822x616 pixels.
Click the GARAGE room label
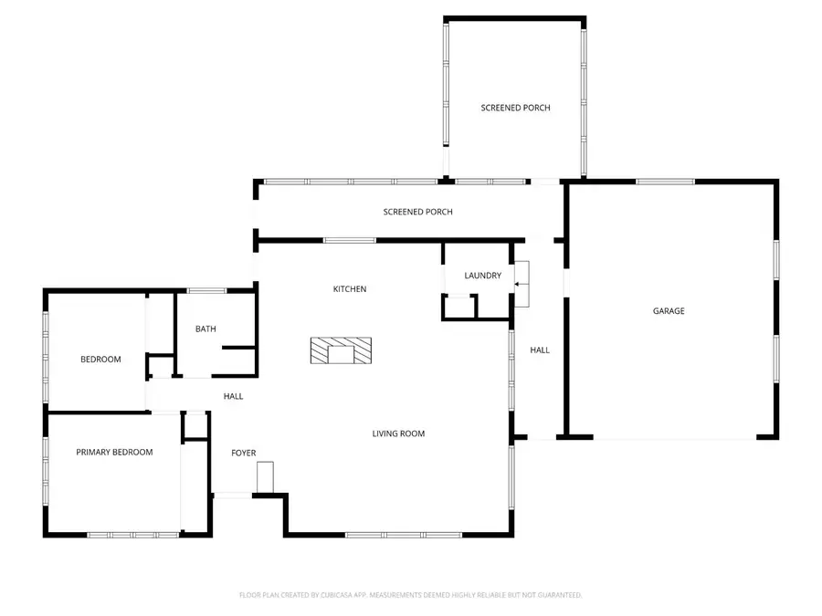tap(669, 311)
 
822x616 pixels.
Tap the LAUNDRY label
tap(482, 276)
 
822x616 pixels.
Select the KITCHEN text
tap(349, 289)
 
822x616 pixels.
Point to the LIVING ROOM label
tap(398, 433)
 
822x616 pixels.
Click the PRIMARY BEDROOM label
tap(114, 452)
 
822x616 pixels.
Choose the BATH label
tap(205, 329)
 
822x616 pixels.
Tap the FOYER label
tap(243, 453)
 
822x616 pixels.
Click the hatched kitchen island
tap(341, 350)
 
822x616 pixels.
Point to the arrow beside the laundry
tap(521, 285)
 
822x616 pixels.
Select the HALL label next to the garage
tap(540, 350)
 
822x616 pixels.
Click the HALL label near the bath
tap(234, 396)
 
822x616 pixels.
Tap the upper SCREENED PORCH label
tap(515, 108)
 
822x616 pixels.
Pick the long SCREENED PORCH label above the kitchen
tap(417, 212)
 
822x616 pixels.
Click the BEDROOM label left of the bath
tap(100, 359)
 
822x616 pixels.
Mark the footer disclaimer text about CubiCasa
tap(410, 595)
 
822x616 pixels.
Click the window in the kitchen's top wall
tap(350, 240)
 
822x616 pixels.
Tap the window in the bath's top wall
tap(207, 291)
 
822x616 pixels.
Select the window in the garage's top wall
tap(665, 182)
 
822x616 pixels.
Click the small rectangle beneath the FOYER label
tap(265, 477)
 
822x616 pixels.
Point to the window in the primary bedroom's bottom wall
tap(132, 535)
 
